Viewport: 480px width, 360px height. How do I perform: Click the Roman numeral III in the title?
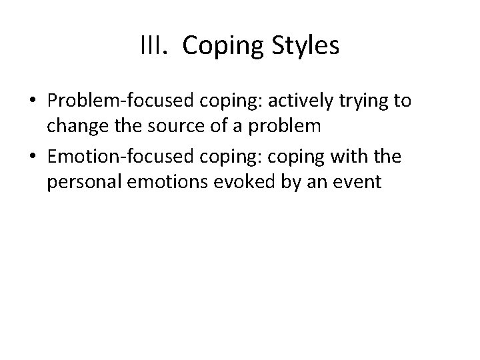click(x=151, y=46)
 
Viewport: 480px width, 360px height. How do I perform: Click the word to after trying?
click(x=401, y=101)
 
